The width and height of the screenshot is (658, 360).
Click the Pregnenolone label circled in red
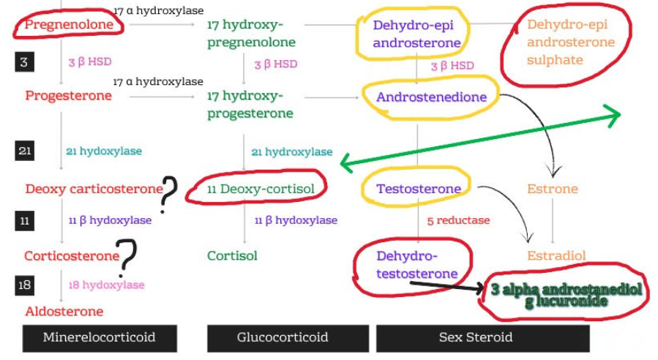pyautogui.click(x=70, y=25)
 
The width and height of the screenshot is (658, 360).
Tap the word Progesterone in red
pyautogui.click(x=69, y=96)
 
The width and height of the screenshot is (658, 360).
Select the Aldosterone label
pyautogui.click(x=64, y=311)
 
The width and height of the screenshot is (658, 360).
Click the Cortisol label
pyautogui.click(x=232, y=256)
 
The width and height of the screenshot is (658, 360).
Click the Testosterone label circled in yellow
pyautogui.click(x=419, y=189)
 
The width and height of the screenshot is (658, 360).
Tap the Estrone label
pyautogui.click(x=553, y=189)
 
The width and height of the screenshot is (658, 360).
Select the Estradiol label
pyautogui.click(x=556, y=256)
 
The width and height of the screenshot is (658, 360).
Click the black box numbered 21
pyautogui.click(x=24, y=151)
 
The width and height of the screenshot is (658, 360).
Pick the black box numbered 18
pyautogui.click(x=24, y=285)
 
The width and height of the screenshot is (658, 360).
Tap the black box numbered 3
pyautogui.click(x=24, y=61)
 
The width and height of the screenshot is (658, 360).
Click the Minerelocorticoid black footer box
pyautogui.click(x=100, y=337)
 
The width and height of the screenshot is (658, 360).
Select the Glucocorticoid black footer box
pyautogui.click(x=283, y=337)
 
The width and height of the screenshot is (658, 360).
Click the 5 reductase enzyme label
pyautogui.click(x=459, y=220)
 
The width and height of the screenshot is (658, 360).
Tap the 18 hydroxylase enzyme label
pyautogui.click(x=107, y=285)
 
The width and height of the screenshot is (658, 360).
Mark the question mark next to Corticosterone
pyautogui.click(x=128, y=257)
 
